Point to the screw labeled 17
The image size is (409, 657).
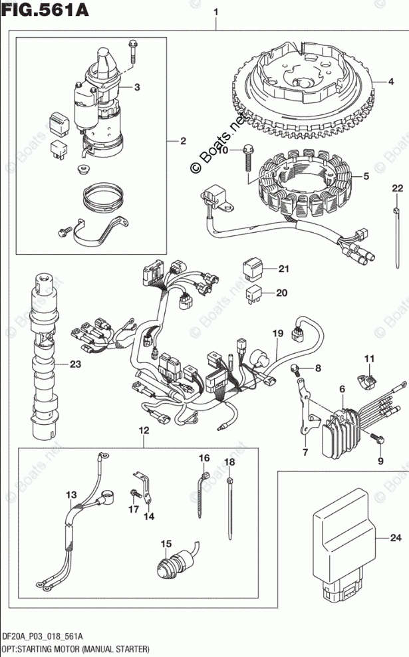click(136, 493)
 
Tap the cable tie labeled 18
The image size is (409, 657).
click(230, 505)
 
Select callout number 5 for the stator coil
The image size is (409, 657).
click(365, 177)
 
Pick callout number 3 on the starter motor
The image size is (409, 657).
click(136, 87)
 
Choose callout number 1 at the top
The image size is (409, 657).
click(215, 11)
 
